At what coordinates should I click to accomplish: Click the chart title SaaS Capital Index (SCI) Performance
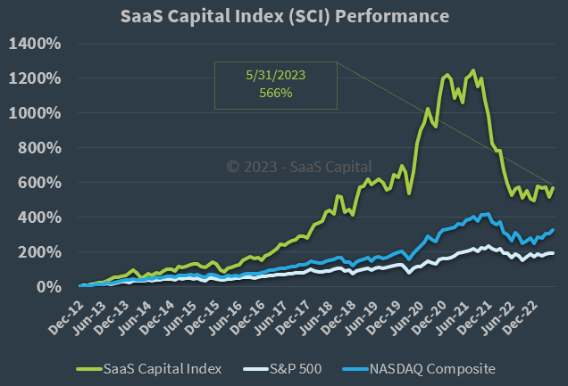(285, 17)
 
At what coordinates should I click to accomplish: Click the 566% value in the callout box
(275, 94)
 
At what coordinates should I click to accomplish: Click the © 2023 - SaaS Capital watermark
(299, 166)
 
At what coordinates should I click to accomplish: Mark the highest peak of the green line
(472, 70)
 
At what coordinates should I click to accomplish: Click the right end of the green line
(554, 188)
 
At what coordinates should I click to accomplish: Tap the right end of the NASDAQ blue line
(554, 229)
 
